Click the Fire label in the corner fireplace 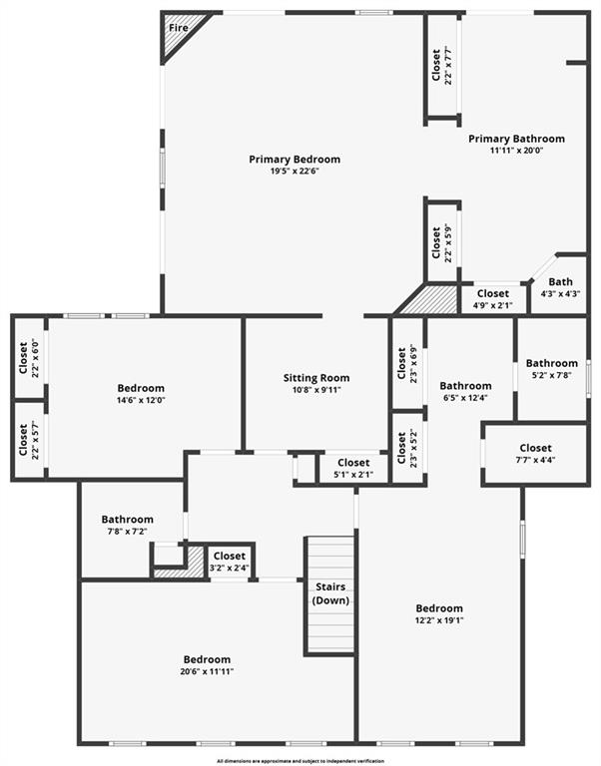pyautogui.click(x=179, y=28)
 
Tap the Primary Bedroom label pyautogui.click(x=295, y=160)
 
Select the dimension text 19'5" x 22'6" pyautogui.click(x=295, y=172)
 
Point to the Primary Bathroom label pyautogui.click(x=516, y=139)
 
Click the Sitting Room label pyautogui.click(x=316, y=378)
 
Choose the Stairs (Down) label pyautogui.click(x=330, y=593)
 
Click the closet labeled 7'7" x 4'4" pyautogui.click(x=535, y=454)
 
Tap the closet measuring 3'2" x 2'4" pyautogui.click(x=230, y=562)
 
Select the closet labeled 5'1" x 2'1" pyautogui.click(x=353, y=468)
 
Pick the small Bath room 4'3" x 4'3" pyautogui.click(x=560, y=287)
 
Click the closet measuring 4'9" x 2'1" pyautogui.click(x=493, y=299)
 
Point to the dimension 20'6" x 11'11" pyautogui.click(x=207, y=671)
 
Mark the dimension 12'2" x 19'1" pyautogui.click(x=439, y=621)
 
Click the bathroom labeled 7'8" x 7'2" pyautogui.click(x=127, y=526)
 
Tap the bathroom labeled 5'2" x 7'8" pyautogui.click(x=552, y=369)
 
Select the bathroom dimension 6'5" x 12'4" pyautogui.click(x=465, y=398)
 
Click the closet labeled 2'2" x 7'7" pyautogui.click(x=442, y=66)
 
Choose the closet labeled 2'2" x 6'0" pyautogui.click(x=28, y=358)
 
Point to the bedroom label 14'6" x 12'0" pyautogui.click(x=141, y=400)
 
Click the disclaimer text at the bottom pyautogui.click(x=300, y=761)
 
